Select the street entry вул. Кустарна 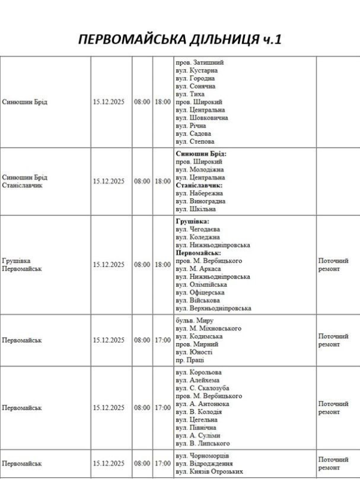tap(195, 70)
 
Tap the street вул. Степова tap(195, 142)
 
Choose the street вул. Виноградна tap(201, 201)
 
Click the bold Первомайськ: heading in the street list tap(198, 253)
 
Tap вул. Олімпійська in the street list tap(201, 284)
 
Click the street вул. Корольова tap(198, 372)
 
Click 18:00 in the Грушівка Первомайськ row tap(162, 264)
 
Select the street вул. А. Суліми tap(198, 435)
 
